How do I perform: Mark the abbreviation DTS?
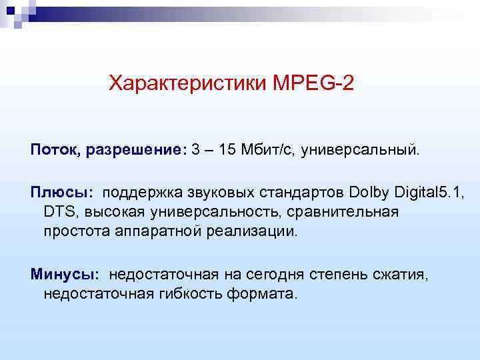pyautogui.click(x=57, y=212)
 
